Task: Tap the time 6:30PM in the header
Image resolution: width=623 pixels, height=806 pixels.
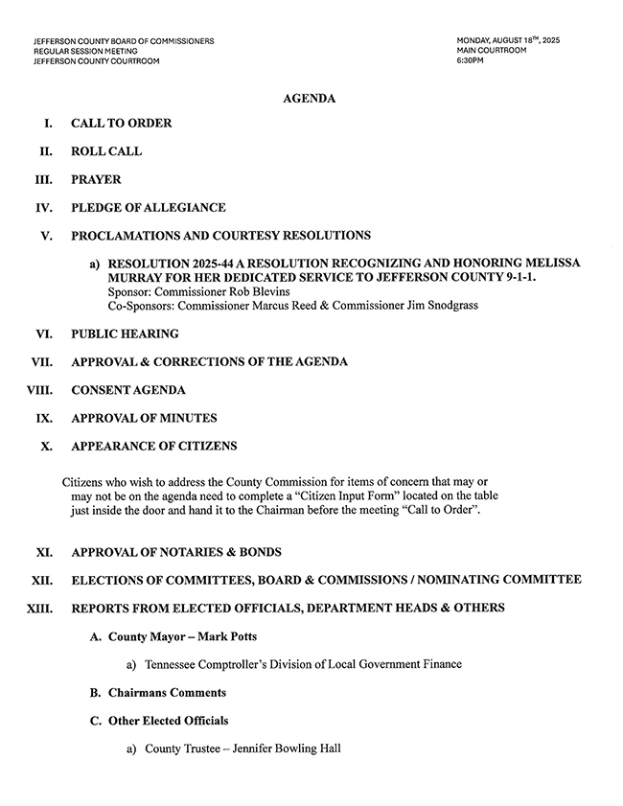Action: [471, 61]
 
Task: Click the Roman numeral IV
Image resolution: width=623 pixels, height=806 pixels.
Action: [43, 207]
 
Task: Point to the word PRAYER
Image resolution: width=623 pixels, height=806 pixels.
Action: [96, 179]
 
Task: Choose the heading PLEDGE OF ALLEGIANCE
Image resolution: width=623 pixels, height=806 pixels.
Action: [149, 207]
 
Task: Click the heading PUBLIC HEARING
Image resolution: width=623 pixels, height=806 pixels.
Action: [125, 334]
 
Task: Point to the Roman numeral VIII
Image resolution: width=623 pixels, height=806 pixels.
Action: [39, 390]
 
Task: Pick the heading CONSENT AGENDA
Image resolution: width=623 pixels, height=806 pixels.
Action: [128, 390]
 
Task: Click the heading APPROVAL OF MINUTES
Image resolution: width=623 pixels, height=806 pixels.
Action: [144, 418]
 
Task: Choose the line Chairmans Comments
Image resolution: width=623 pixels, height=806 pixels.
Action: [168, 692]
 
